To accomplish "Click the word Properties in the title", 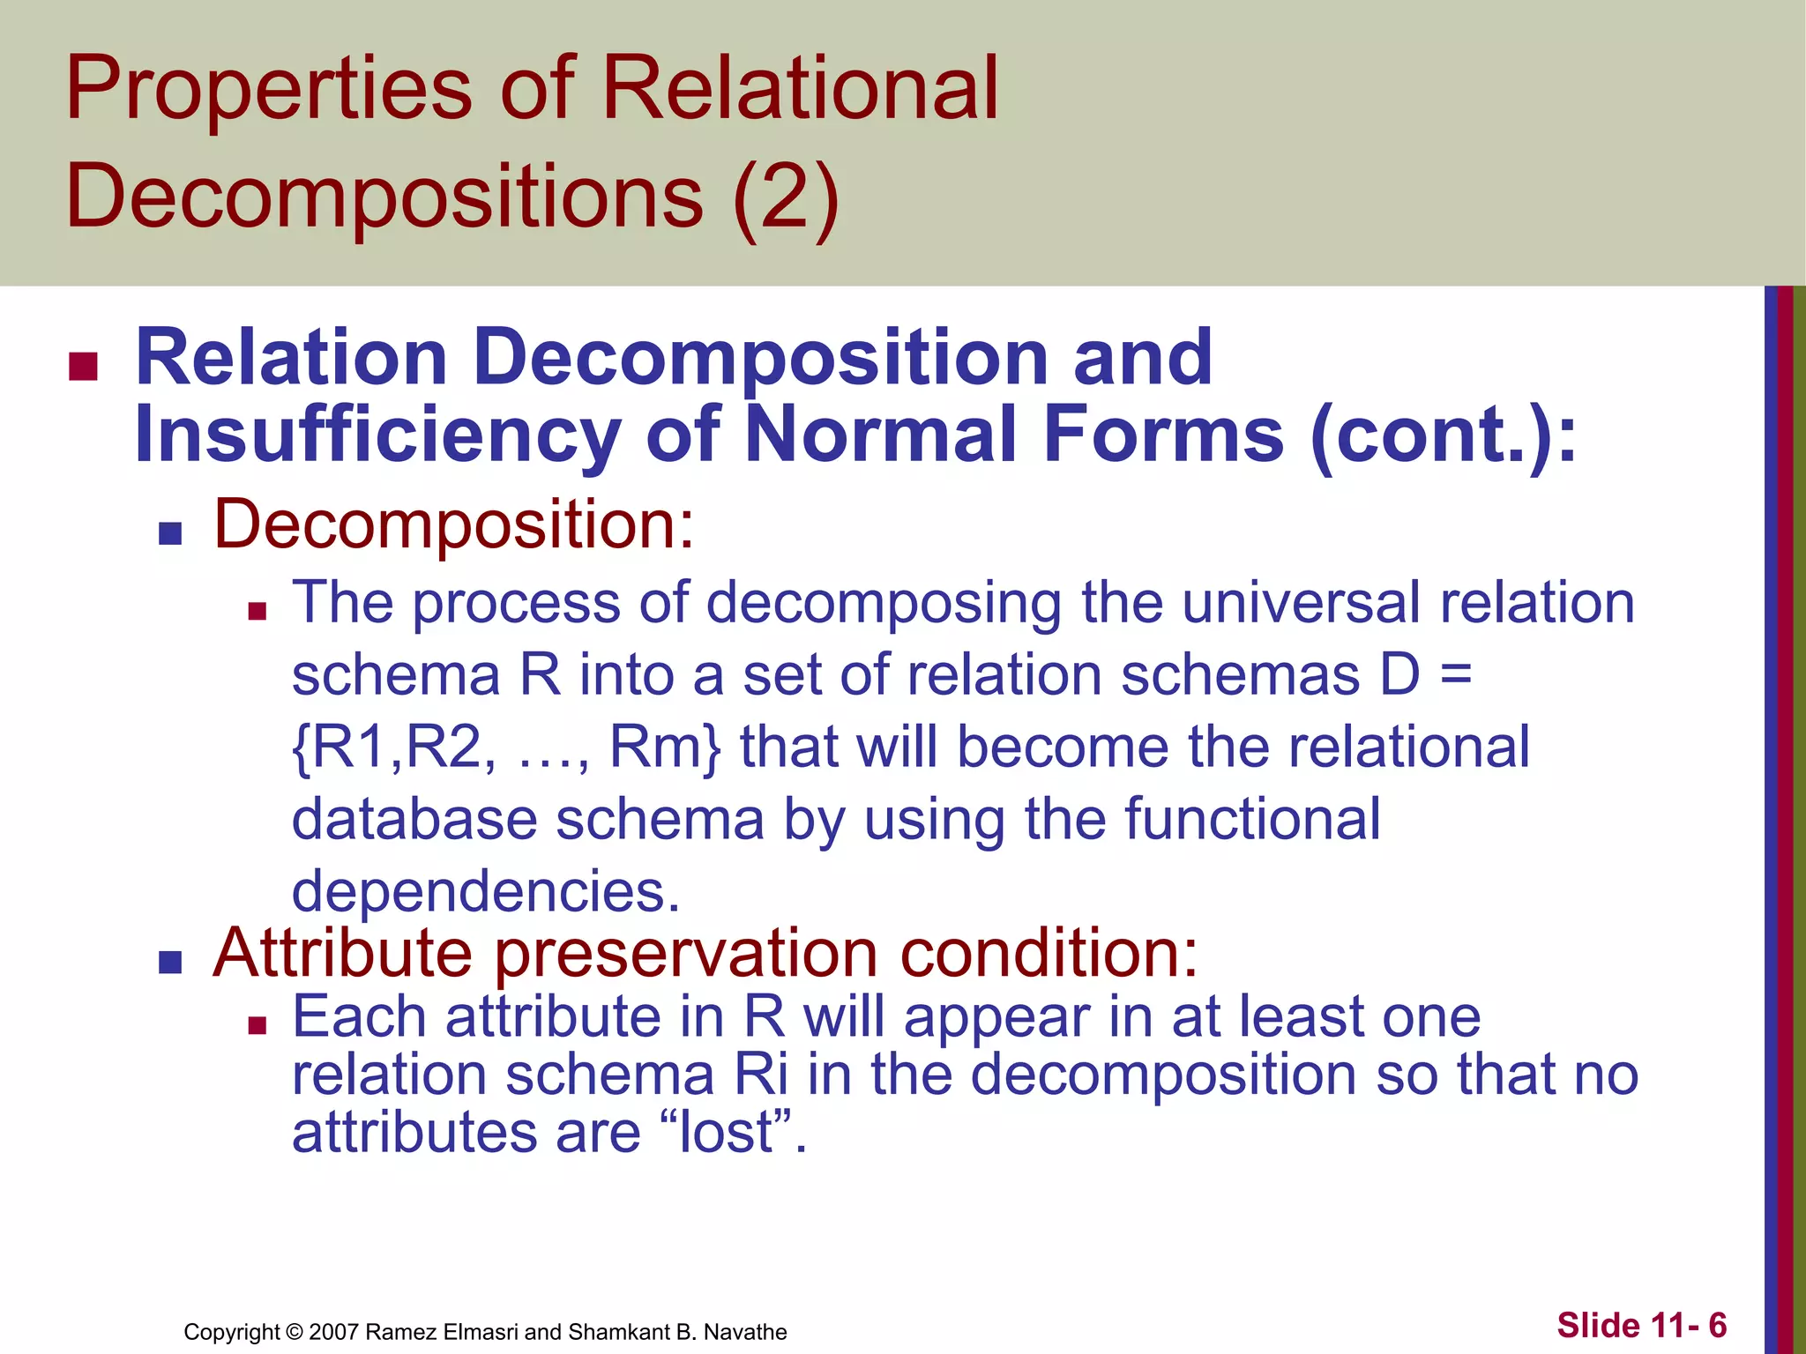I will (269, 89).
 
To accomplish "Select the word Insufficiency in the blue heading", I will (377, 435).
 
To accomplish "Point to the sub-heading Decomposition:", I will (454, 525).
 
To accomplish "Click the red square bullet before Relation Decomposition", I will (83, 366).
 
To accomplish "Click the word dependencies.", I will (486, 891).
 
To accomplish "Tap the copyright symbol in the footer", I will (295, 1332).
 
